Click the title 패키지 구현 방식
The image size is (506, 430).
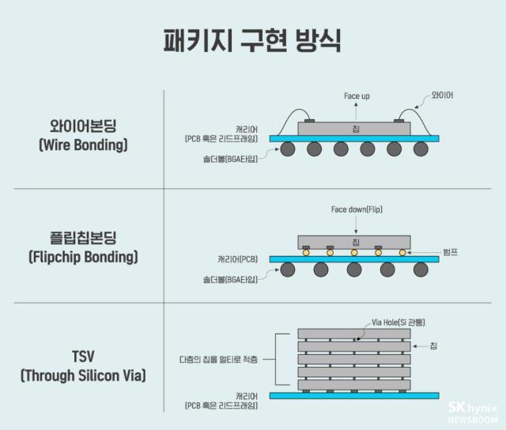click(253, 40)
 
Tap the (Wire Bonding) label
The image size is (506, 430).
click(83, 145)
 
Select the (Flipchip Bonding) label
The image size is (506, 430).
click(83, 257)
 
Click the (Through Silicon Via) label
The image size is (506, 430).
click(83, 375)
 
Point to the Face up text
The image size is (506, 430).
click(357, 96)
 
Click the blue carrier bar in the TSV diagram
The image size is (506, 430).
click(354, 395)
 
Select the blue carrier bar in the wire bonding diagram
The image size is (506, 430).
click(354, 138)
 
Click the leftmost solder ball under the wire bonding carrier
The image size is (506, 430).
click(285, 150)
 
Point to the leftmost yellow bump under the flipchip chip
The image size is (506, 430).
click(306, 253)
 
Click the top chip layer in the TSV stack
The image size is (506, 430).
click(354, 334)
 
